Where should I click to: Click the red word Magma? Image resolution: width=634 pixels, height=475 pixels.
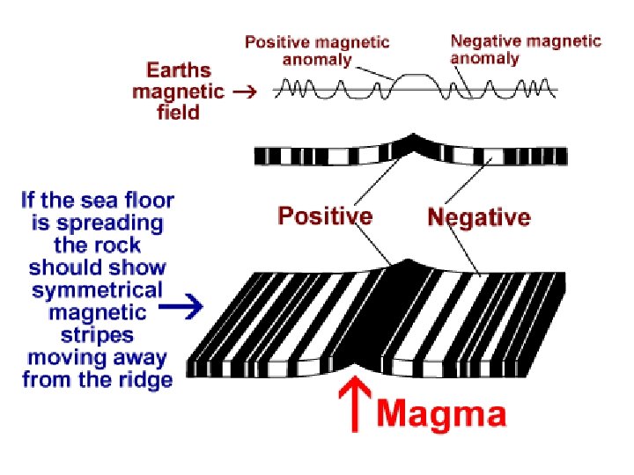point(442,413)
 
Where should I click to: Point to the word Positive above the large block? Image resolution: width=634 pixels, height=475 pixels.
point(325,216)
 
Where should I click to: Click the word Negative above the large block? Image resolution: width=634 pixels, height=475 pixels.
point(478,217)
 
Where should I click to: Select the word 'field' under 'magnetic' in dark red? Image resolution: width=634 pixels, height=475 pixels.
point(179,112)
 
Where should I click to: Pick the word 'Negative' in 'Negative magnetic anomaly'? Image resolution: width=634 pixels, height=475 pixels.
point(486,40)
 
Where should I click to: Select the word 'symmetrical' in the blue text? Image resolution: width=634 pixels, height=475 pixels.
point(98,289)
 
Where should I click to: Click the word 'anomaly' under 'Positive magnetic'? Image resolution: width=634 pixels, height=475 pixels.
point(316,60)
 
